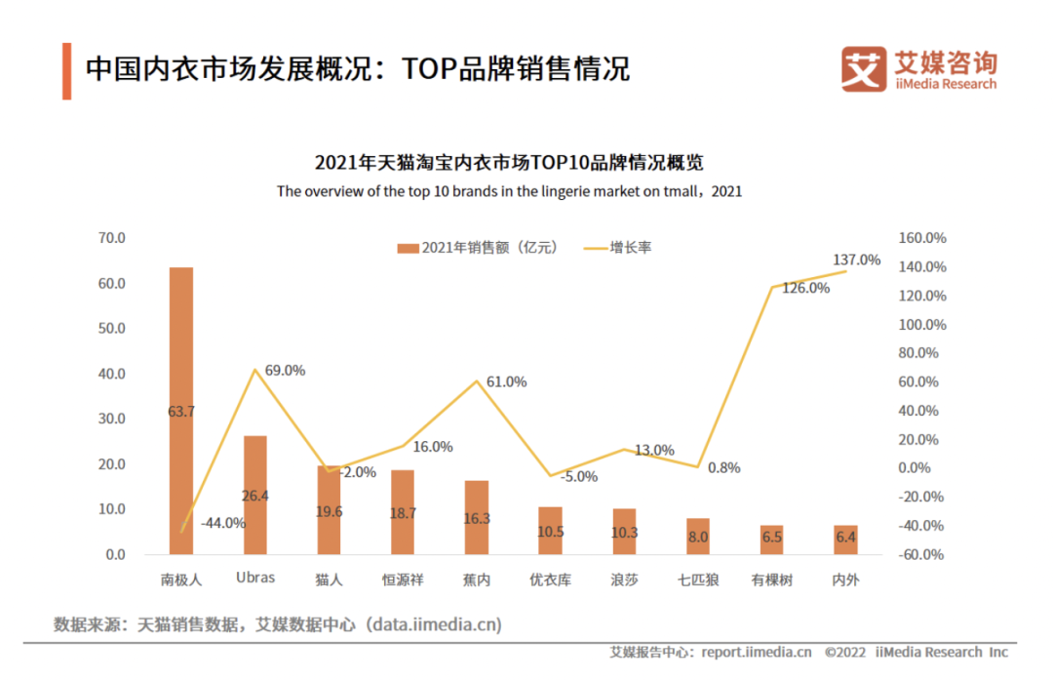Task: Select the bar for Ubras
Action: pos(255,495)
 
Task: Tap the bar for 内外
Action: pos(846,540)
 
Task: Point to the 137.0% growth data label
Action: pos(857,260)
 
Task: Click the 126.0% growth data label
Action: pos(806,288)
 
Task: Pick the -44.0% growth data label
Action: pos(223,523)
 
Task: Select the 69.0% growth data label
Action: pos(285,371)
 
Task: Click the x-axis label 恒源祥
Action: pos(403,580)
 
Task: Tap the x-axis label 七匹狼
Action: pos(698,580)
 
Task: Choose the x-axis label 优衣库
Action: pos(550,580)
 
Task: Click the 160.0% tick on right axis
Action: pos(922,238)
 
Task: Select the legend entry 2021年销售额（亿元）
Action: pos(478,248)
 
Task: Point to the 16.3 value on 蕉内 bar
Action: pos(477,519)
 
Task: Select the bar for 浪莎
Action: pos(624,531)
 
